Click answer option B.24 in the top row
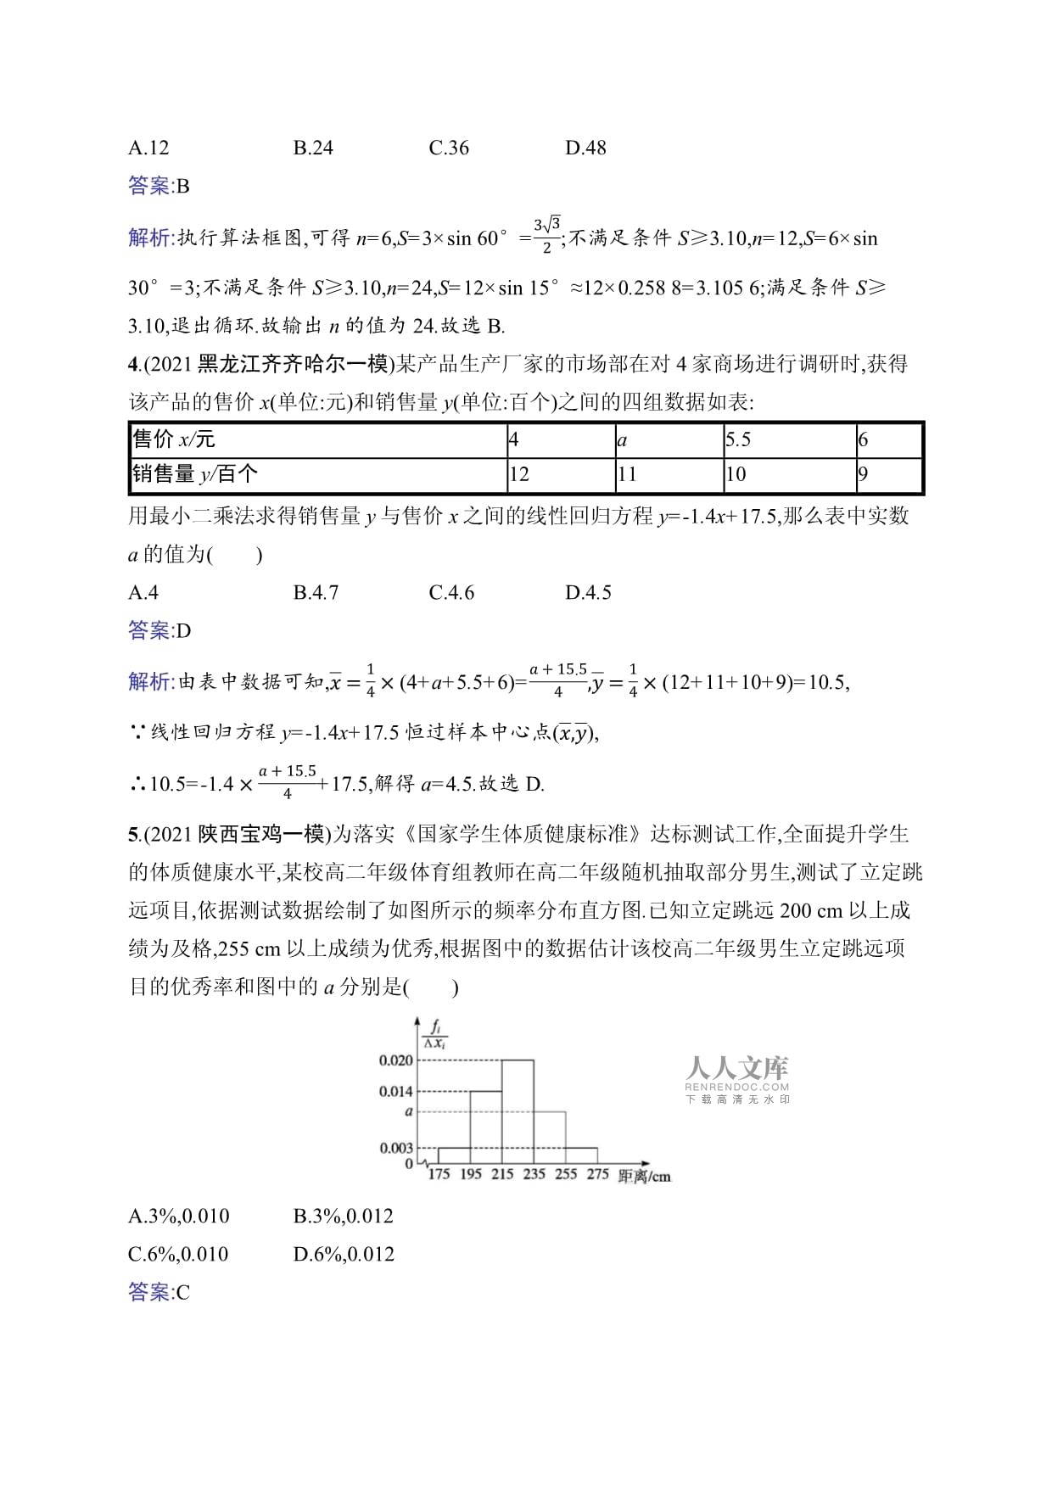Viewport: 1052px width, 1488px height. tap(313, 148)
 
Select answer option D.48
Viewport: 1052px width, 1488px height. tap(585, 148)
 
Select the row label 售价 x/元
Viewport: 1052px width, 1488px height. tap(174, 439)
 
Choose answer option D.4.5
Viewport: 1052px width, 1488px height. tap(588, 592)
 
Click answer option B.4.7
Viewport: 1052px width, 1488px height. tap(316, 592)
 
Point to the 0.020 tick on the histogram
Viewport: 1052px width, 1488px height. tap(396, 1060)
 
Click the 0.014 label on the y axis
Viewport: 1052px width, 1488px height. tap(396, 1091)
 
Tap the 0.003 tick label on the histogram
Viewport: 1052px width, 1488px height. tap(396, 1148)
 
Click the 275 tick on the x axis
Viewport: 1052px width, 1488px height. tap(597, 1174)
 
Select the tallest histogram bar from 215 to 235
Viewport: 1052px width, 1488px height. tap(518, 1111)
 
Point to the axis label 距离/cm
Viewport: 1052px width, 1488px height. tap(645, 1176)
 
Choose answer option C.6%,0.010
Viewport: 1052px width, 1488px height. tap(178, 1254)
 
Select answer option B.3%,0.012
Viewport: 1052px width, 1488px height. tap(344, 1216)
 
